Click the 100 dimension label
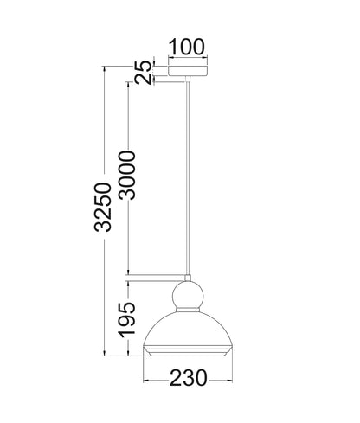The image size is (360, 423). (187, 47)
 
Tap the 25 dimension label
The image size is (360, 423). (144, 73)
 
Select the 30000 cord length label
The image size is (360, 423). (127, 175)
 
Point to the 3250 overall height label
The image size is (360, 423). (103, 207)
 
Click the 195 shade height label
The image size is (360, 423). (127, 320)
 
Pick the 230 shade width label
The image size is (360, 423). (188, 378)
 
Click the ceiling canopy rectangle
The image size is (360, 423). (188, 71)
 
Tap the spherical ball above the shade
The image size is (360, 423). (188, 296)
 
